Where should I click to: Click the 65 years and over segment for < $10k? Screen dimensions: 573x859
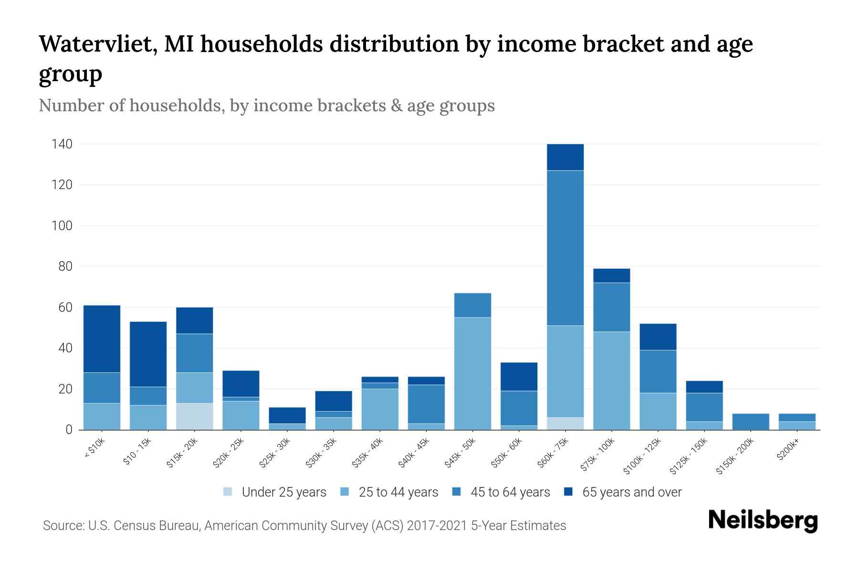click(102, 339)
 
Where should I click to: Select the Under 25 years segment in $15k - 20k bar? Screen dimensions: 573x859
click(194, 416)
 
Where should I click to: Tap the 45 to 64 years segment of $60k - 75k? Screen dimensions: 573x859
click(565, 248)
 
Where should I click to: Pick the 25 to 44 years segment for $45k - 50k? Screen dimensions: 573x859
click(472, 373)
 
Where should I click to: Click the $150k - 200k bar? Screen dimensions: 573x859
click(751, 422)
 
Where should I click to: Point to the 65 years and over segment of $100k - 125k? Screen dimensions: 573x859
click(658, 337)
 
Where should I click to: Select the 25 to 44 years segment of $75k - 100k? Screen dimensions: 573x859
click(611, 381)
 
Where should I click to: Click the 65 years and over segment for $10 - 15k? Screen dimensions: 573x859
click(148, 354)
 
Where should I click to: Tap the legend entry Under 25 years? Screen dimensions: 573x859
click(283, 492)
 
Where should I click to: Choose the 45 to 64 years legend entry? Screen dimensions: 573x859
click(510, 492)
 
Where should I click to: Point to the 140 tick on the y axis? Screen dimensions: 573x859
click(62, 144)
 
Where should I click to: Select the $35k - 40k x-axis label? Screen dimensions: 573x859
click(367, 454)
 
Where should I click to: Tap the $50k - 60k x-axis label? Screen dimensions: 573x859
click(506, 454)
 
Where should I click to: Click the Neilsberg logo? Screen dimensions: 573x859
click(763, 520)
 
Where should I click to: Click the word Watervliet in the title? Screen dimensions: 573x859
click(95, 44)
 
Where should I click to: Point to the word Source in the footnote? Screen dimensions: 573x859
click(63, 526)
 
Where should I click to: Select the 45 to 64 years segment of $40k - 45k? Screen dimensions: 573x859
click(426, 404)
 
